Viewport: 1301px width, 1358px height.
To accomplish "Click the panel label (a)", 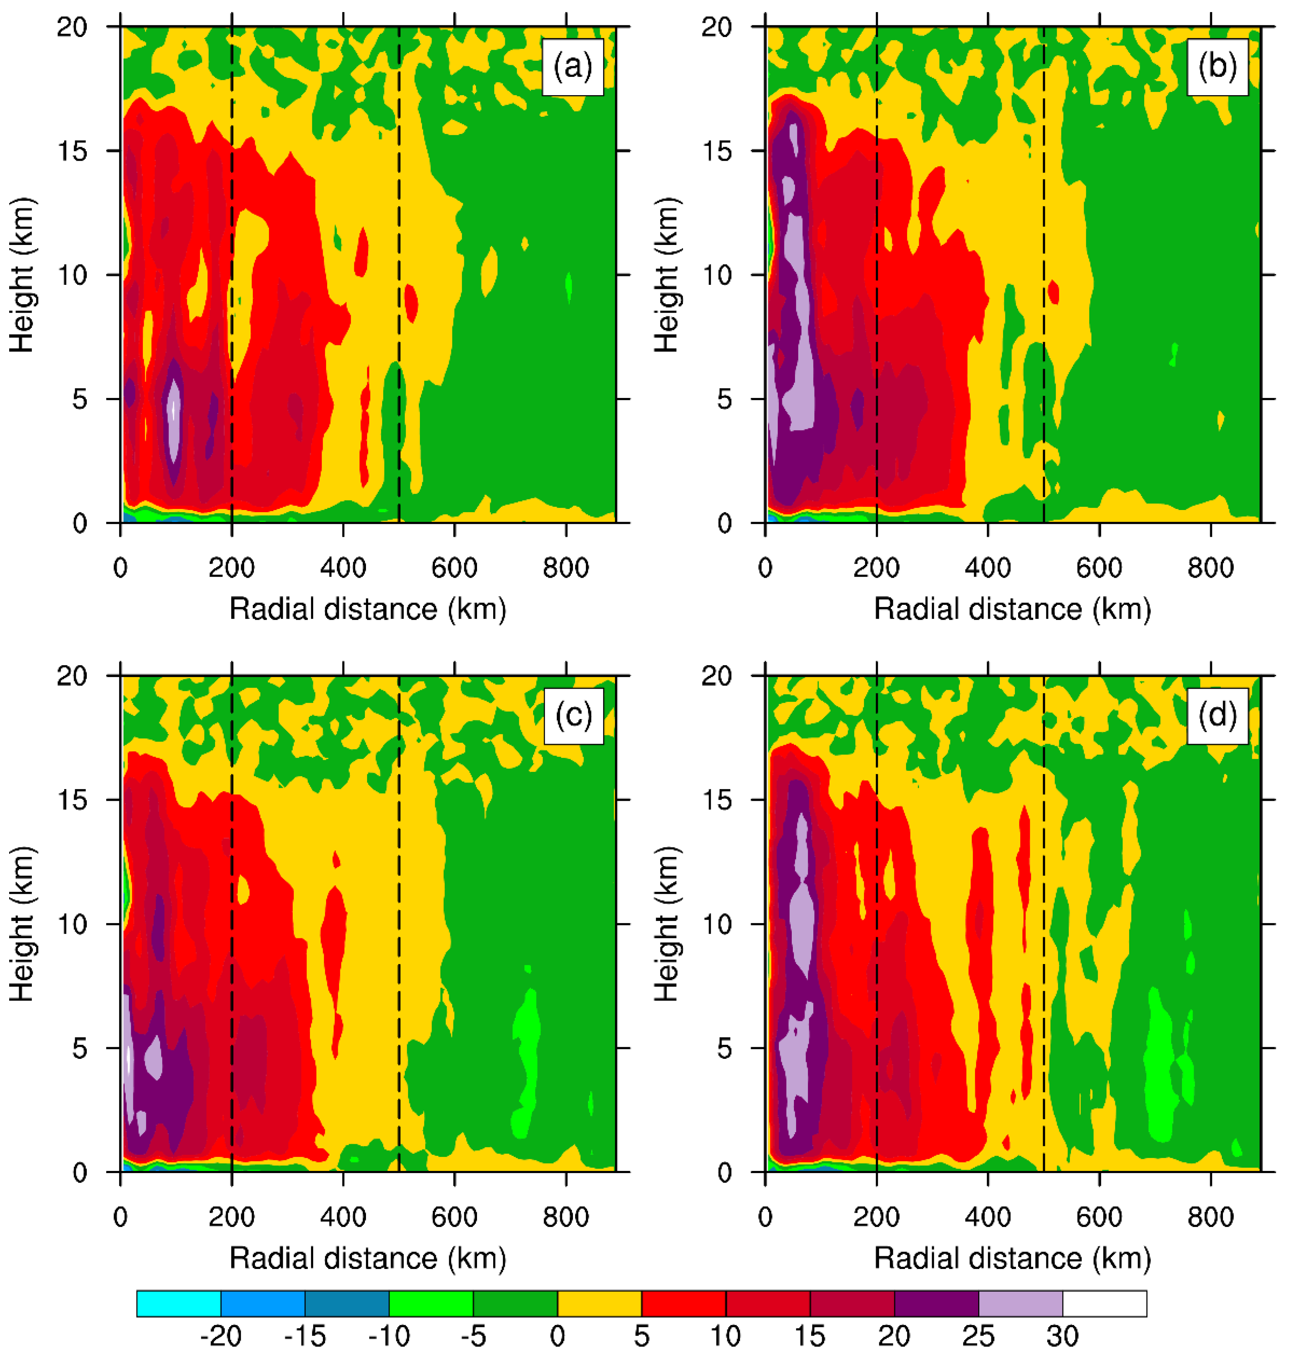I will (573, 67).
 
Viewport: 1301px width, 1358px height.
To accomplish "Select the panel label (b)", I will (1217, 67).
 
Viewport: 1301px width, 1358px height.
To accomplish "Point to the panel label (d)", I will (1217, 716).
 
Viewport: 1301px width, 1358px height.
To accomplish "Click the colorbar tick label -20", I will (221, 1335).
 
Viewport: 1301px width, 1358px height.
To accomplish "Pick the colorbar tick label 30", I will (1062, 1335).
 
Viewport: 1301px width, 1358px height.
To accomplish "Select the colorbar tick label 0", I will (557, 1335).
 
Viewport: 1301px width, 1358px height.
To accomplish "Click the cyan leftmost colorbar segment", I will (179, 1303).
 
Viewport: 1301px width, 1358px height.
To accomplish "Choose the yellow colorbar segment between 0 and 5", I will (599, 1303).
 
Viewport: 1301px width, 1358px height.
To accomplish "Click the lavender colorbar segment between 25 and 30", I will (1020, 1303).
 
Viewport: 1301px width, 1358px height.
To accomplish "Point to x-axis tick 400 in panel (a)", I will (343, 568).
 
